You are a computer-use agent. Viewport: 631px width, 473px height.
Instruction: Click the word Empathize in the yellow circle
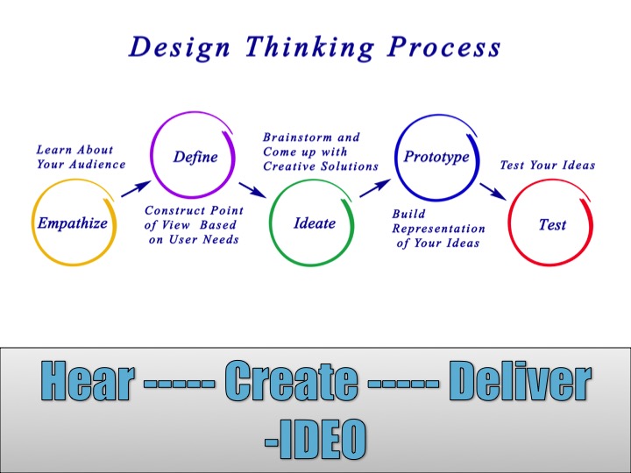pyautogui.click(x=73, y=223)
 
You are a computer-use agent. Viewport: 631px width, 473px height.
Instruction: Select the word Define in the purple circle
pyautogui.click(x=195, y=157)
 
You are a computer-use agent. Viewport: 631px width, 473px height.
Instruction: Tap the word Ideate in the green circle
pyautogui.click(x=315, y=223)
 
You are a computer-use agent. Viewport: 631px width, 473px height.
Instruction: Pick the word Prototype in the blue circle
pyautogui.click(x=436, y=157)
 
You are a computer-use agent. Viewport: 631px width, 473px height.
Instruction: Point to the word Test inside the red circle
pyautogui.click(x=552, y=224)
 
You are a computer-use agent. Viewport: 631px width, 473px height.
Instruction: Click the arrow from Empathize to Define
pyautogui.click(x=136, y=188)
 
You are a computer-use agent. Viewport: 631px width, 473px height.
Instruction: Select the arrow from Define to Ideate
pyautogui.click(x=252, y=190)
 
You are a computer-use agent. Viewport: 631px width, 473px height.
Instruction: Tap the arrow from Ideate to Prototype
pyautogui.click(x=375, y=188)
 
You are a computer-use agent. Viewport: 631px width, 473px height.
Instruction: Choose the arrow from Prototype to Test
pyautogui.click(x=493, y=192)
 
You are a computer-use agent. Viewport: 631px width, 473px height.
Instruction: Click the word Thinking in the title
pyautogui.click(x=310, y=47)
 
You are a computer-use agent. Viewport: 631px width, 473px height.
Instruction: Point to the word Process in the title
pyautogui.click(x=444, y=47)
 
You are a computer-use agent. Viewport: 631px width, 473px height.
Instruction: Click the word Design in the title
pyautogui.click(x=180, y=47)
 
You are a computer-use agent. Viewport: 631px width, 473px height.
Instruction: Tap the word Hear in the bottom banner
pyautogui.click(x=87, y=380)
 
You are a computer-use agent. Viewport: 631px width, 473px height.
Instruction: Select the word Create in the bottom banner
pyautogui.click(x=291, y=380)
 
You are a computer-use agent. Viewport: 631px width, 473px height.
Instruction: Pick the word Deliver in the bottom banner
pyautogui.click(x=520, y=380)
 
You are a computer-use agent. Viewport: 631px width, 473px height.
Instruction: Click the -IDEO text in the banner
pyautogui.click(x=315, y=439)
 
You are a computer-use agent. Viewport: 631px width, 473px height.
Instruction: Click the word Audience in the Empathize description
pyautogui.click(x=97, y=164)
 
